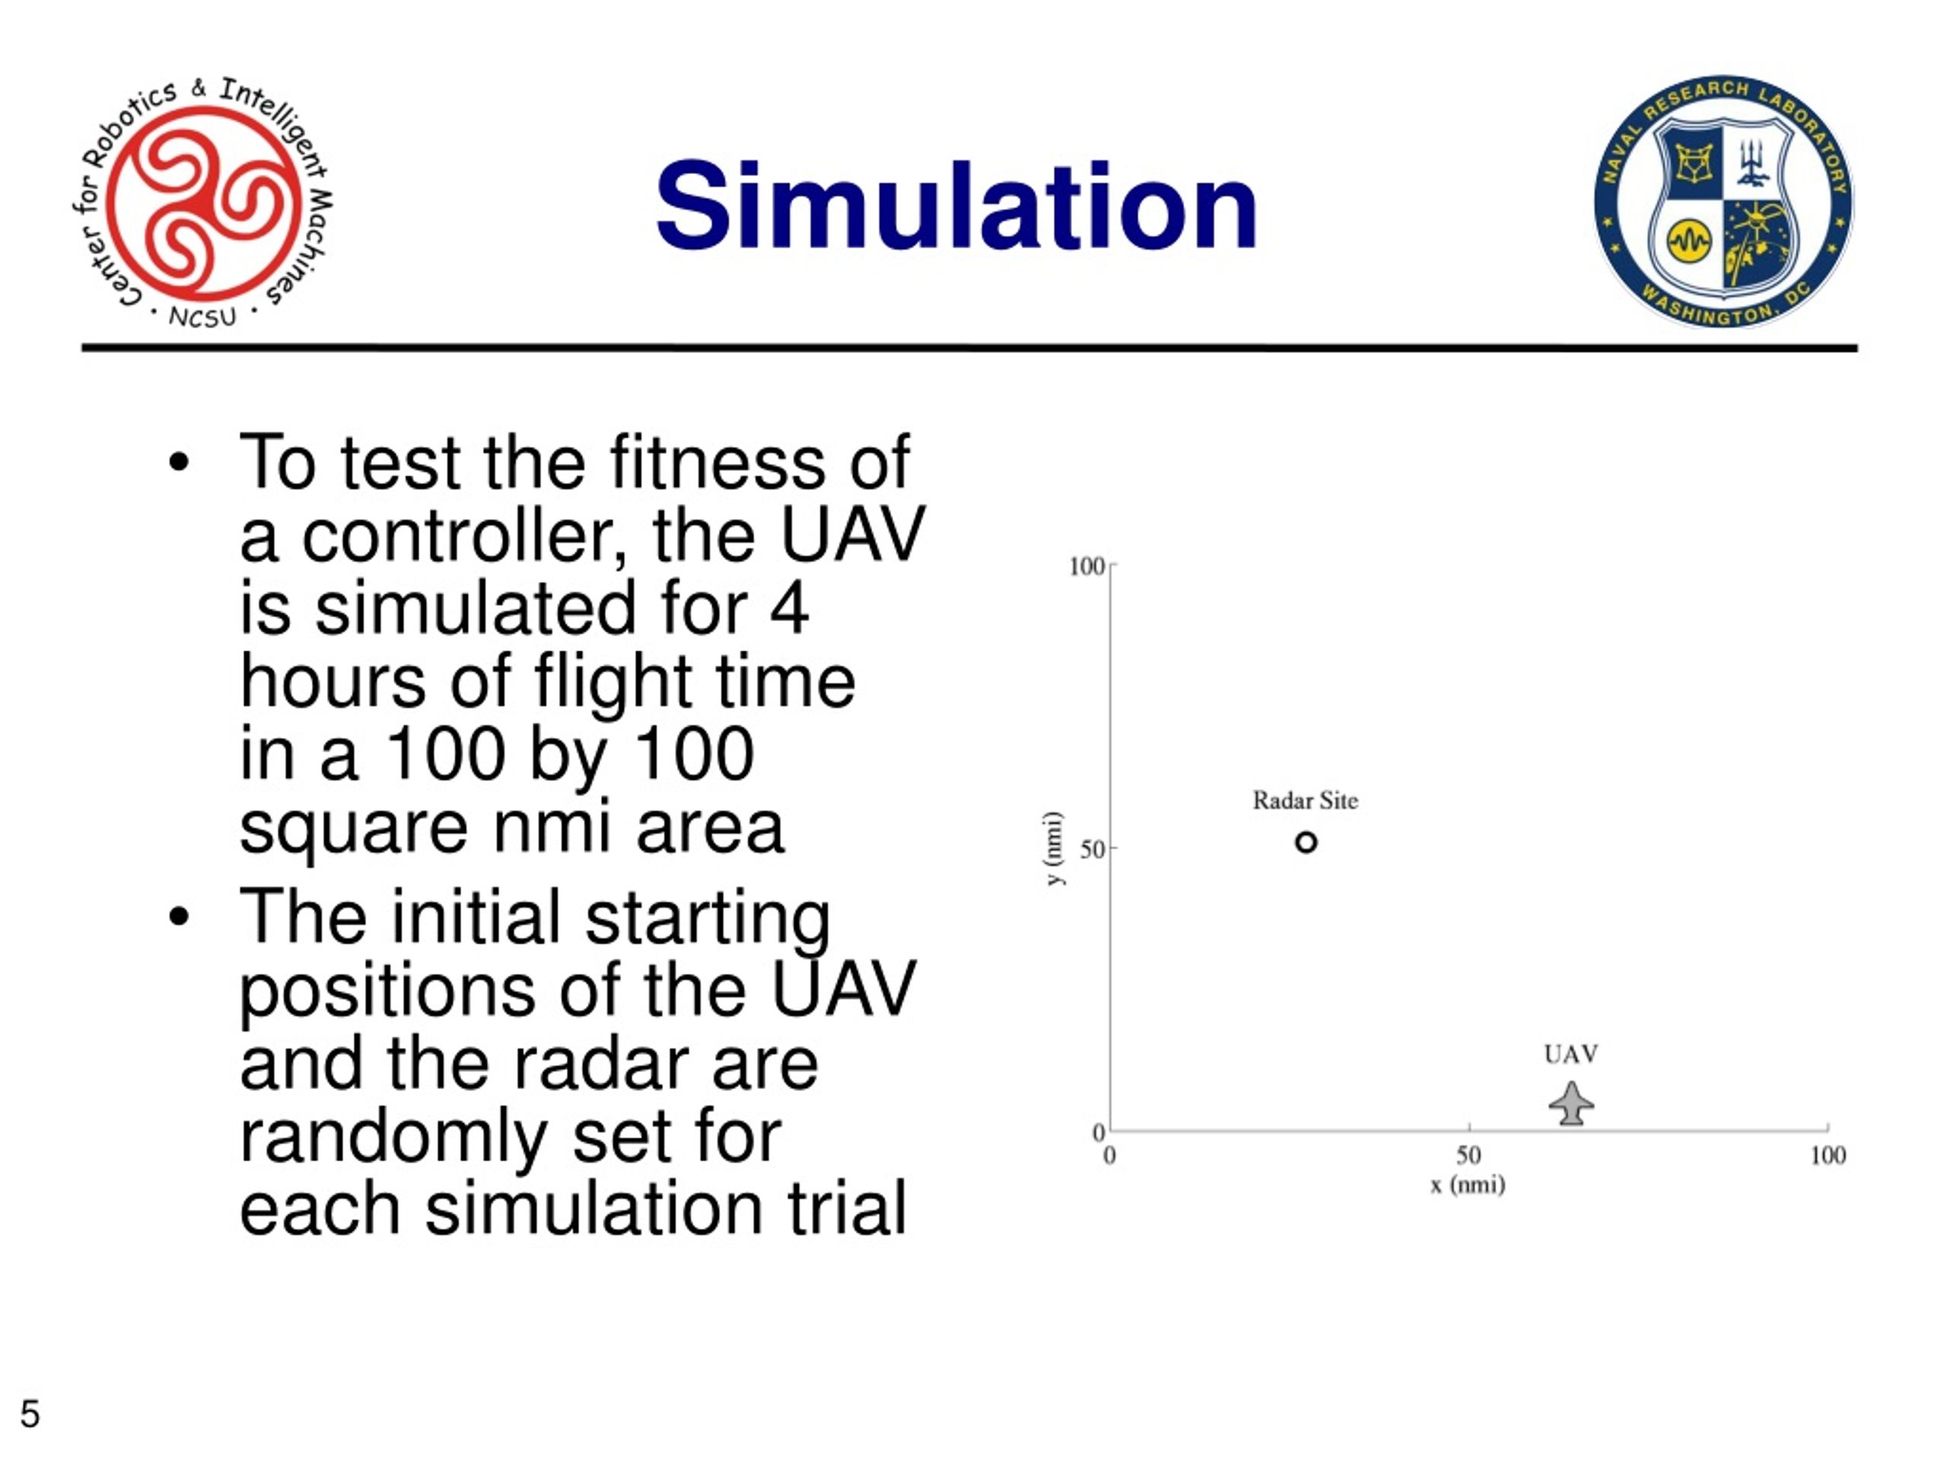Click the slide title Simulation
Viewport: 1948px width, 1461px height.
pyautogui.click(x=956, y=206)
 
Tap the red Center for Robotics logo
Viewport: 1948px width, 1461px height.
pyautogui.click(x=202, y=202)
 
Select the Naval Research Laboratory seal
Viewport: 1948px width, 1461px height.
pyautogui.click(x=1723, y=201)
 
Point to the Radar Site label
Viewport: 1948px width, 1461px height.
pyautogui.click(x=1305, y=801)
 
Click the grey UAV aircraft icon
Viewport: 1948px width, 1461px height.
pyautogui.click(x=1571, y=1104)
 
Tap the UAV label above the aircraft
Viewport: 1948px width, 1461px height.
pyautogui.click(x=1571, y=1054)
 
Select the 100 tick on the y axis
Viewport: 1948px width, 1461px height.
pyautogui.click(x=1086, y=566)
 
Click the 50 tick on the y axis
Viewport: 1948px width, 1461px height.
pyautogui.click(x=1092, y=850)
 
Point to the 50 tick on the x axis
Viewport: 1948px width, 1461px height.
pyautogui.click(x=1468, y=1155)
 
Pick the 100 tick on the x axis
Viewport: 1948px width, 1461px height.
pyautogui.click(x=1827, y=1155)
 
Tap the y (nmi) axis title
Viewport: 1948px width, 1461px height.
pyautogui.click(x=1054, y=849)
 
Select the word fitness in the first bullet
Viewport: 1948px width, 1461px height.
pyautogui.click(x=717, y=463)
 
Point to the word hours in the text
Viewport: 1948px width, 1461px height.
pyautogui.click(x=332, y=682)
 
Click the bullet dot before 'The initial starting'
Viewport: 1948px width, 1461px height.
pyautogui.click(x=179, y=917)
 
